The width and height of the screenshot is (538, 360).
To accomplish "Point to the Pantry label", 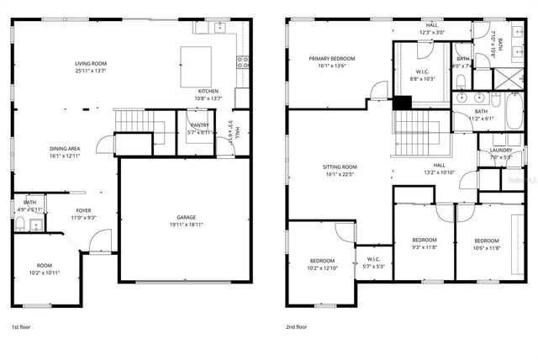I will pyautogui.click(x=199, y=129).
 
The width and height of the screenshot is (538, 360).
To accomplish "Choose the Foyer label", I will pyautogui.click(x=84, y=214).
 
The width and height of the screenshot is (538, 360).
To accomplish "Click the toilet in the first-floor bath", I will pyautogui.click(x=19, y=224).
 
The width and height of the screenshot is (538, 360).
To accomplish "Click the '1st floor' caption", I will pyautogui.click(x=22, y=326).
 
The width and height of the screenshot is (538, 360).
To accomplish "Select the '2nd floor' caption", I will pyautogui.click(x=297, y=326).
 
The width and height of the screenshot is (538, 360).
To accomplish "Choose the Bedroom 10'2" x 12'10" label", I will pyautogui.click(x=322, y=264).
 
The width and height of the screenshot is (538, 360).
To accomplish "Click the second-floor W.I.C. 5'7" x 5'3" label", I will pyautogui.click(x=374, y=262).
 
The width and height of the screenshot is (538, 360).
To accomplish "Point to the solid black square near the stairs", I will pyautogui.click(x=403, y=103).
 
